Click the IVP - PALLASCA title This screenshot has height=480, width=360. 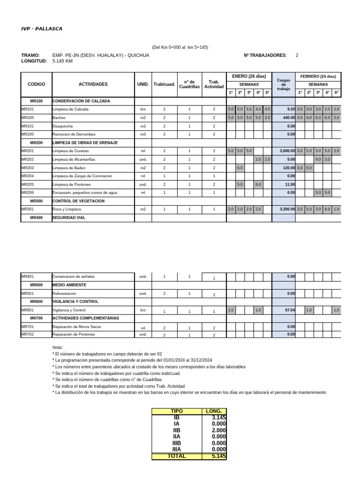(42, 29)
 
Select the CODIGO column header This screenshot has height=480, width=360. (37, 84)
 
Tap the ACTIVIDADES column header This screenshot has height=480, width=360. (93, 84)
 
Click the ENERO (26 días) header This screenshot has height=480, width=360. (249, 76)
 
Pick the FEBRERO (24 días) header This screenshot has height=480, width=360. (318, 76)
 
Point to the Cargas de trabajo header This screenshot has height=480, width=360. (284, 84)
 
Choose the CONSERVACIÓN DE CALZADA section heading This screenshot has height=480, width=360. (78, 101)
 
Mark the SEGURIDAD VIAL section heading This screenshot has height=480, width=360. (69, 218)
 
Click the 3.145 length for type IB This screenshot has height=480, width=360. (218, 417)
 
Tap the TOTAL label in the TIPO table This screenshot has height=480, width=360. (176, 456)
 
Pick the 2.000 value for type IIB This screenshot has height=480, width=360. (218, 430)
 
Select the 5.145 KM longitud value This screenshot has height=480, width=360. (62, 61)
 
